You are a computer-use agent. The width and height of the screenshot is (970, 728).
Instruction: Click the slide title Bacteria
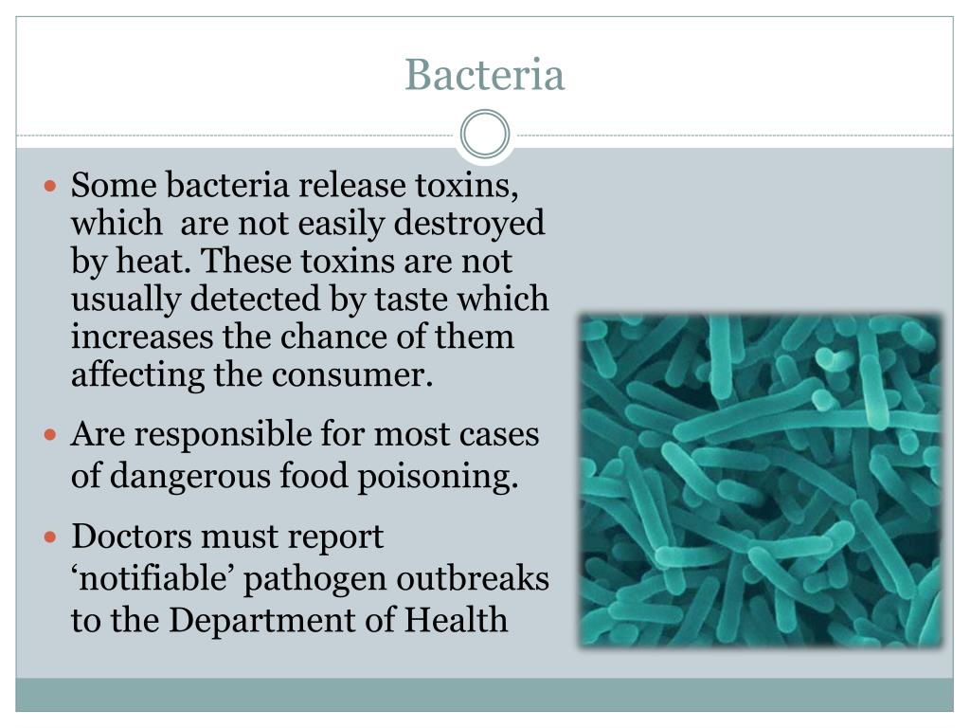(484, 75)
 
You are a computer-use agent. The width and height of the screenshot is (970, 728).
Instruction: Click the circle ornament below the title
(484, 134)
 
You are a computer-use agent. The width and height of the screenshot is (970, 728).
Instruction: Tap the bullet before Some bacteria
(53, 186)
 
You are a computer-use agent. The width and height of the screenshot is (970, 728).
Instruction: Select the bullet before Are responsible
(53, 436)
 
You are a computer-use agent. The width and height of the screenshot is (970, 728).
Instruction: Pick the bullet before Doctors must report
(53, 538)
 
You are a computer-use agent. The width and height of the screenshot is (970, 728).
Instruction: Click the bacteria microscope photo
(761, 481)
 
